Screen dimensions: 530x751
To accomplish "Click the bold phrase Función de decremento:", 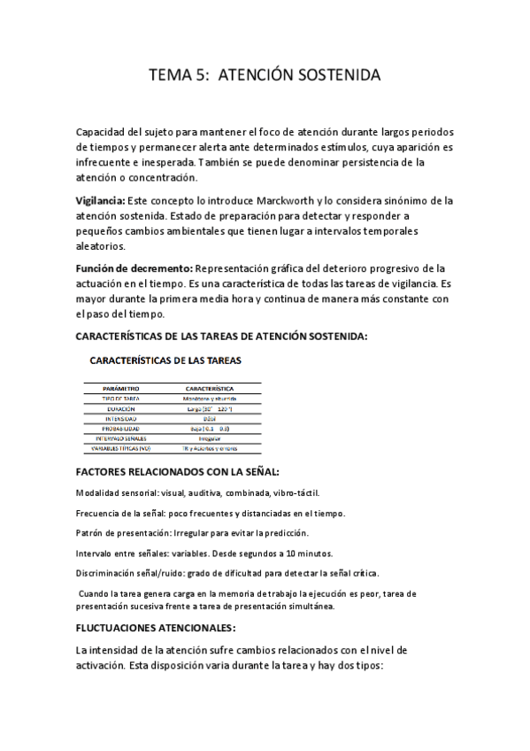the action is (x=133, y=267).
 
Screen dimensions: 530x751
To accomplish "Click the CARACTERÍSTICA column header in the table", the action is (x=209, y=389).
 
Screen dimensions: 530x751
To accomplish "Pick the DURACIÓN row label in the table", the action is (x=122, y=409).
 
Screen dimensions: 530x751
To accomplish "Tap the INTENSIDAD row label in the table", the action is (x=122, y=419).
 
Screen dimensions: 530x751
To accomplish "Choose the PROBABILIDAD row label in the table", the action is (x=122, y=429).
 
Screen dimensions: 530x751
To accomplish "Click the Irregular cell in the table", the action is (x=209, y=438).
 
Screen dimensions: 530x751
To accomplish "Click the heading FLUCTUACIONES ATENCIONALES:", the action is (x=157, y=628).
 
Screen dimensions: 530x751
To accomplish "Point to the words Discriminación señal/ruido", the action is (x=131, y=573).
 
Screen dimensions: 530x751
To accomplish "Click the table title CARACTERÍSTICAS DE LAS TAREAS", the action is (x=165, y=360).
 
